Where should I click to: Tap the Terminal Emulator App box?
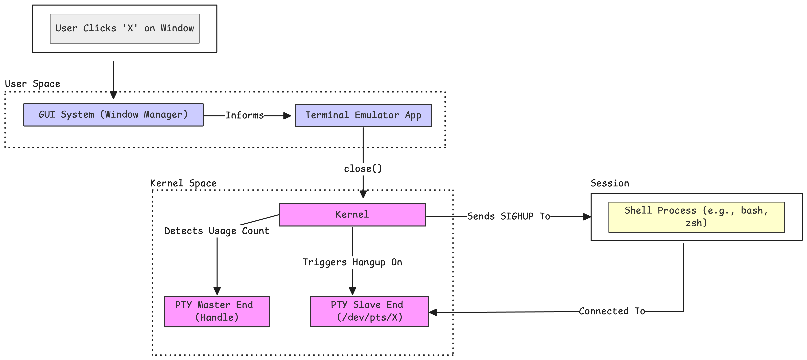(x=363, y=115)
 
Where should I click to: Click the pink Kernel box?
(x=352, y=215)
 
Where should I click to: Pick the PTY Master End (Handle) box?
(x=217, y=311)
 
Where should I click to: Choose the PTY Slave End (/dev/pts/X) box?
(x=369, y=311)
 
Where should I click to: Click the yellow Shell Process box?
(x=696, y=217)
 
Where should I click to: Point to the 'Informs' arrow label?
(x=244, y=115)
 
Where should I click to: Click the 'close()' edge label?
(x=363, y=169)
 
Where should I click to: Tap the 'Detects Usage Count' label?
(x=217, y=231)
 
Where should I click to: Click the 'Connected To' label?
(x=611, y=311)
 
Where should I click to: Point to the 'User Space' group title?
(x=33, y=84)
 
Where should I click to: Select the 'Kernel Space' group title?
(x=183, y=183)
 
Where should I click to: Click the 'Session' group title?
(x=610, y=183)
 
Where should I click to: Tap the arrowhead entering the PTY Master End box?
(x=217, y=291)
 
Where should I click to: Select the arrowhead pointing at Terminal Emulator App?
(x=287, y=116)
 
